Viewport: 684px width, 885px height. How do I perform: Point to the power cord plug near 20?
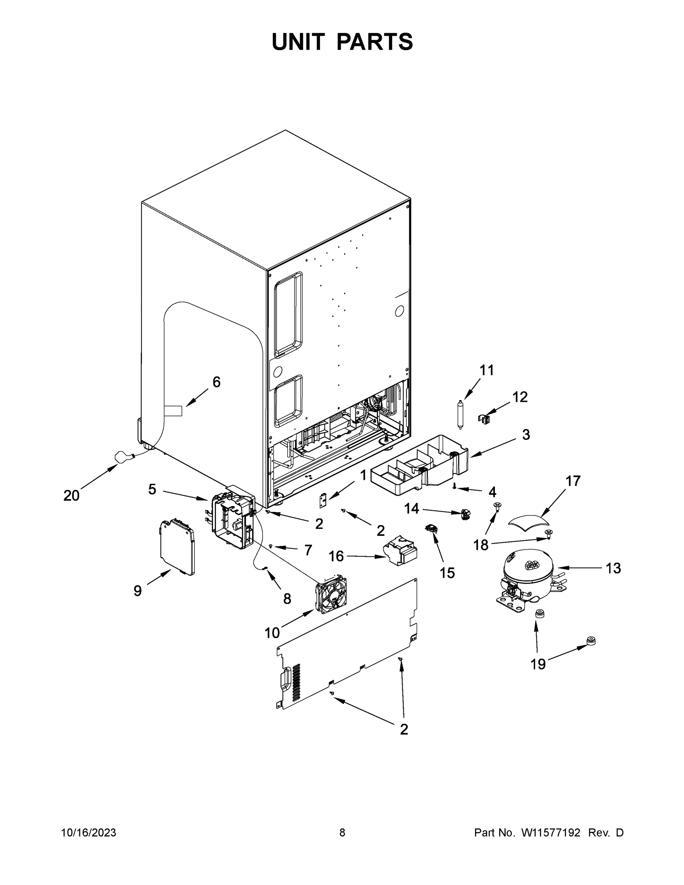[x=122, y=458]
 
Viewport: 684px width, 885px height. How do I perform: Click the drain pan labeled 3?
[x=419, y=466]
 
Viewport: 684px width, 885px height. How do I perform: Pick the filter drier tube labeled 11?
[x=460, y=414]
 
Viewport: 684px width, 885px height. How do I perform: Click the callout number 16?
[x=336, y=556]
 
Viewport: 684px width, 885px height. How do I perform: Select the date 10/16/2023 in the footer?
[x=88, y=832]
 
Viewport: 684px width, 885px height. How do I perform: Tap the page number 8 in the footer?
[x=342, y=832]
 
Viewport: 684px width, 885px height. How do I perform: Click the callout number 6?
[x=216, y=382]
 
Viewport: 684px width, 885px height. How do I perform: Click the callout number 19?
[x=538, y=664]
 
